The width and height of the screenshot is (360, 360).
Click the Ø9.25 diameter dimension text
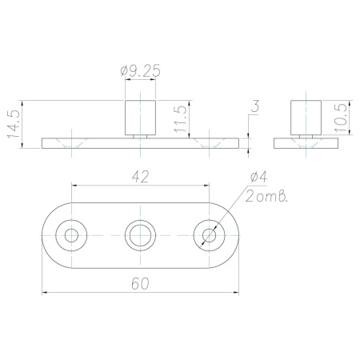click(x=140, y=70)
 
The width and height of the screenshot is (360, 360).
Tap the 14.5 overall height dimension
click(x=14, y=124)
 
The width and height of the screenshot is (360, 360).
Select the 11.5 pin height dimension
click(x=180, y=119)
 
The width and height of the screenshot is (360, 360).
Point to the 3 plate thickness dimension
click(x=255, y=106)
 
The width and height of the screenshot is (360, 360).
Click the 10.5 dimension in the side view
click(x=341, y=118)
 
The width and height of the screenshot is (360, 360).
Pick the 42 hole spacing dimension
click(x=140, y=177)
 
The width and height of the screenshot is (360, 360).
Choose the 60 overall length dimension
click(x=140, y=284)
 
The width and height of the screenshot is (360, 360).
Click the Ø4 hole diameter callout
click(x=258, y=178)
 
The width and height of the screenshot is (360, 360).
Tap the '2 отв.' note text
click(x=266, y=196)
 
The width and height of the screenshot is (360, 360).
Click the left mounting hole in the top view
click(x=71, y=235)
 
